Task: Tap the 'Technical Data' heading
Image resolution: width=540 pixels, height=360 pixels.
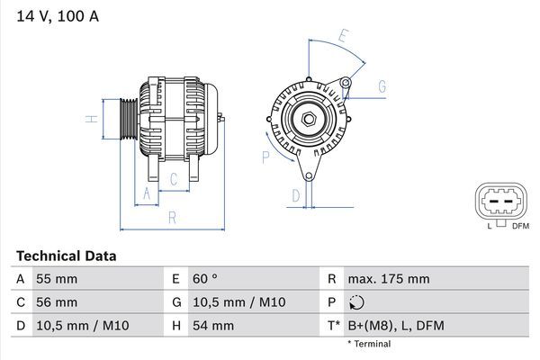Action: pyautogui.click(x=66, y=256)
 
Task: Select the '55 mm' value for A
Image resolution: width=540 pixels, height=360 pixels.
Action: pyautogui.click(x=56, y=279)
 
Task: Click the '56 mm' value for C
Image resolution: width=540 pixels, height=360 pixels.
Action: pyautogui.click(x=56, y=302)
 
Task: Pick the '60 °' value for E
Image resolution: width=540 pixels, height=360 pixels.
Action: pyautogui.click(x=204, y=279)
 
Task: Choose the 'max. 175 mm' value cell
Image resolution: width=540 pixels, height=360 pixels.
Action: pyautogui.click(x=390, y=279)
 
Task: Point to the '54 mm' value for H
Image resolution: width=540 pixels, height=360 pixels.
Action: pyautogui.click(x=211, y=326)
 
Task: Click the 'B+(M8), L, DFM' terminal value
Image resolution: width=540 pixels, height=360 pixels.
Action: pyautogui.click(x=395, y=326)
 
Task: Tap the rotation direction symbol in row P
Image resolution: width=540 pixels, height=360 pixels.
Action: pyautogui.click(x=356, y=302)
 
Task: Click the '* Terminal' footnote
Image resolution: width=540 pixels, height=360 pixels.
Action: pyautogui.click(x=369, y=344)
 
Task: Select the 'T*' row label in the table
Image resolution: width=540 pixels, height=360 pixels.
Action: pyautogui.click(x=333, y=326)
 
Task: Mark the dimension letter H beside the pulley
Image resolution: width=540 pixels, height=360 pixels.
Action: pyautogui.click(x=91, y=118)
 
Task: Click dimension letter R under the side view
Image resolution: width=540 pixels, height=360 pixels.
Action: pyautogui.click(x=170, y=217)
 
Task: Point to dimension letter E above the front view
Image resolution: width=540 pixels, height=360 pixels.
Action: pyautogui.click(x=343, y=37)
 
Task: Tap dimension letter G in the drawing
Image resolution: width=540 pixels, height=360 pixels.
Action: pyautogui.click(x=382, y=86)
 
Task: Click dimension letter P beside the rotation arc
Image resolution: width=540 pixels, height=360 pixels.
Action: pyautogui.click(x=265, y=157)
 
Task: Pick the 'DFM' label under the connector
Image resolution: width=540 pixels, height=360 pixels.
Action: pyautogui.click(x=519, y=226)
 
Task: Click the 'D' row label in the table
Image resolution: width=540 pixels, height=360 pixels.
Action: pyautogui.click(x=20, y=326)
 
